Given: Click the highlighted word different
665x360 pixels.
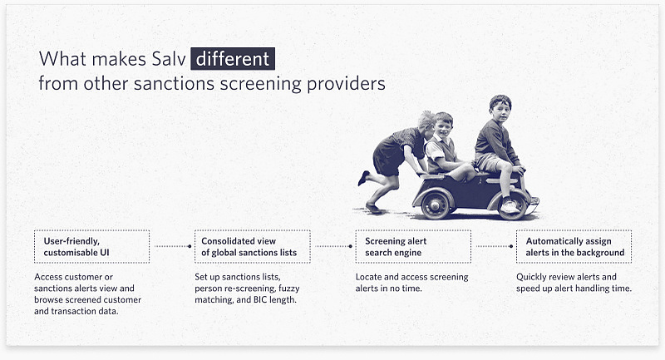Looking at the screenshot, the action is click(x=233, y=58).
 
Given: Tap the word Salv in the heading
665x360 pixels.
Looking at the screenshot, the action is click(x=169, y=58).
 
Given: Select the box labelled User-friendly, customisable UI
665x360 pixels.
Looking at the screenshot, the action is click(x=91, y=246).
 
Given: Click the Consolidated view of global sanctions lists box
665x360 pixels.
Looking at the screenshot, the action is click(x=253, y=246).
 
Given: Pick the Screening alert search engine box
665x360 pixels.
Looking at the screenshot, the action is click(x=413, y=246).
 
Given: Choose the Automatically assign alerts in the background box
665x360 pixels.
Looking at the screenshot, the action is click(x=574, y=246).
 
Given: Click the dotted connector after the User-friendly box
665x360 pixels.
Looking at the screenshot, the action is click(x=173, y=246).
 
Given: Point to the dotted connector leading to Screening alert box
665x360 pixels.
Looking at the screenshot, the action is click(x=334, y=246).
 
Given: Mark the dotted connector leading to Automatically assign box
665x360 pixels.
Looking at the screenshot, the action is click(x=495, y=246).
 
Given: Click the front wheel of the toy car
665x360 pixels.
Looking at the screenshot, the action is click(x=513, y=205).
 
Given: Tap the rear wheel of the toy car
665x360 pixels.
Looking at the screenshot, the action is click(x=435, y=205).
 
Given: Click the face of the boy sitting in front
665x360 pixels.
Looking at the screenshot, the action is click(x=501, y=111).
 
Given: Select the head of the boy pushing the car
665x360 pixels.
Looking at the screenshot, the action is click(x=426, y=121).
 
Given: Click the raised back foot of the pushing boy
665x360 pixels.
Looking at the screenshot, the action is click(x=363, y=178).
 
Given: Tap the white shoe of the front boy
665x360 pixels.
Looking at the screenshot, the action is click(x=510, y=206).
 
